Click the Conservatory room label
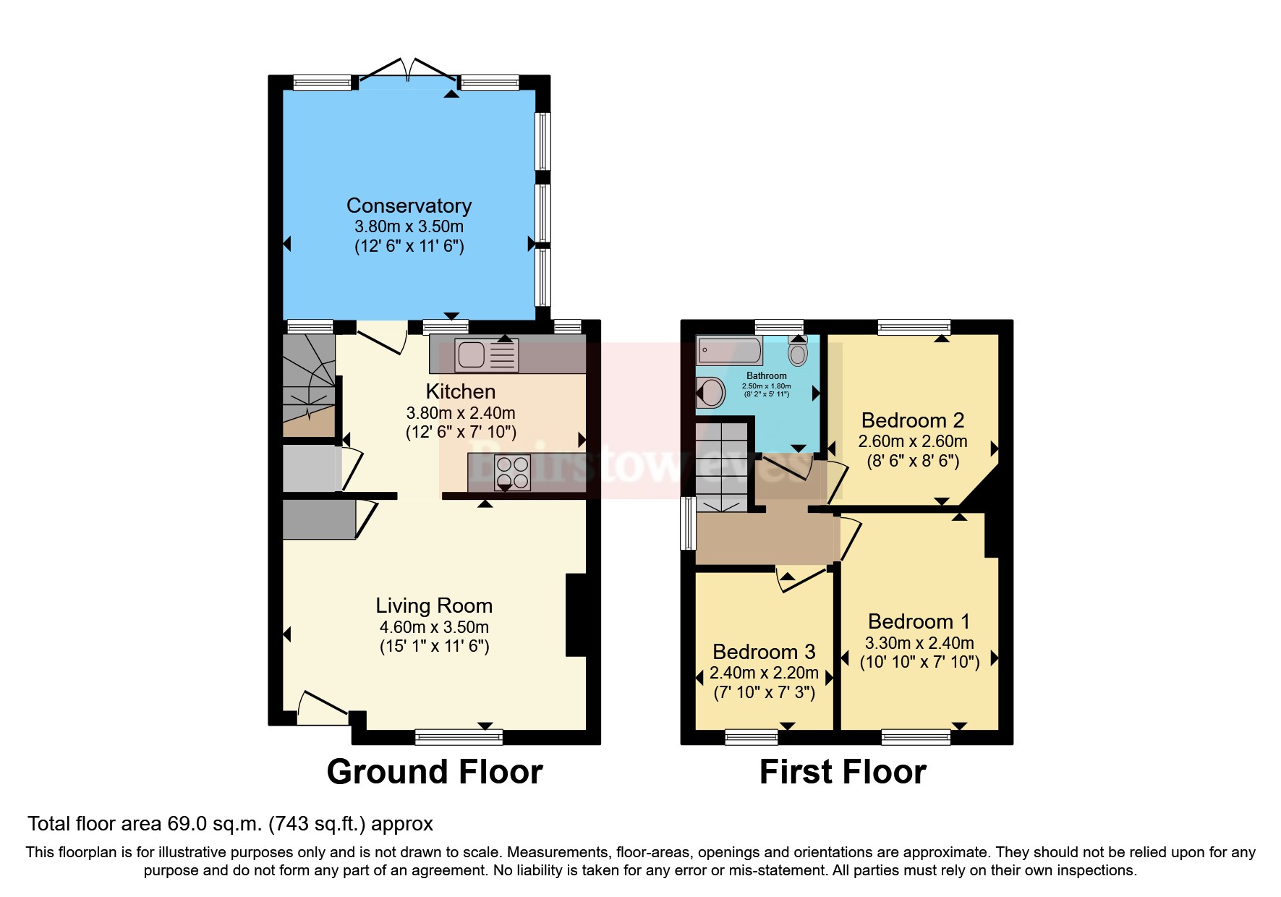pos(409,205)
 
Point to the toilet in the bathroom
pos(798,352)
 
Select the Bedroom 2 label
pos(912,420)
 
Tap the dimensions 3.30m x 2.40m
pos(919,642)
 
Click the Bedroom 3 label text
pos(764,652)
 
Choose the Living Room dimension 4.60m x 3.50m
pos(434,627)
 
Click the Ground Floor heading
pos(434,772)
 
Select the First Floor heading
pos(842,772)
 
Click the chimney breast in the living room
pos(576,615)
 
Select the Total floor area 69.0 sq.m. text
pos(230,823)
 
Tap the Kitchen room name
pos(460,391)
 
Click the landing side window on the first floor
pos(686,523)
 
